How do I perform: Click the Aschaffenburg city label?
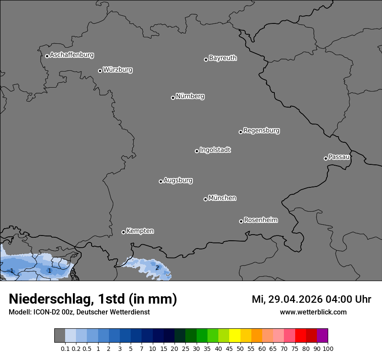click(x=72, y=55)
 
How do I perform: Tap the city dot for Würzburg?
click(x=100, y=71)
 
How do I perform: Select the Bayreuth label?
click(x=223, y=58)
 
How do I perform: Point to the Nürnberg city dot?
click(x=173, y=98)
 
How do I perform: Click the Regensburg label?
click(x=261, y=131)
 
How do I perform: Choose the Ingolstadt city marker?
click(x=197, y=151)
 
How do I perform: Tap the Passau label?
click(x=339, y=157)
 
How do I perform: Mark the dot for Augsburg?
click(x=161, y=181)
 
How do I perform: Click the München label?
click(x=222, y=198)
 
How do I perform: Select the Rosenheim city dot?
click(x=241, y=222)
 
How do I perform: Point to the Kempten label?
click(x=140, y=231)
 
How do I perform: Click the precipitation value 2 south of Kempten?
click(x=157, y=268)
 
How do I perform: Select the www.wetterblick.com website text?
click(x=313, y=312)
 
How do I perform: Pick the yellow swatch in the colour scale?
click(x=234, y=336)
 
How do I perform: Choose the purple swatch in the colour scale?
click(x=322, y=336)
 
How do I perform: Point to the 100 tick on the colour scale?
click(x=328, y=348)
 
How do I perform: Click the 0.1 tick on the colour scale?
click(x=65, y=348)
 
